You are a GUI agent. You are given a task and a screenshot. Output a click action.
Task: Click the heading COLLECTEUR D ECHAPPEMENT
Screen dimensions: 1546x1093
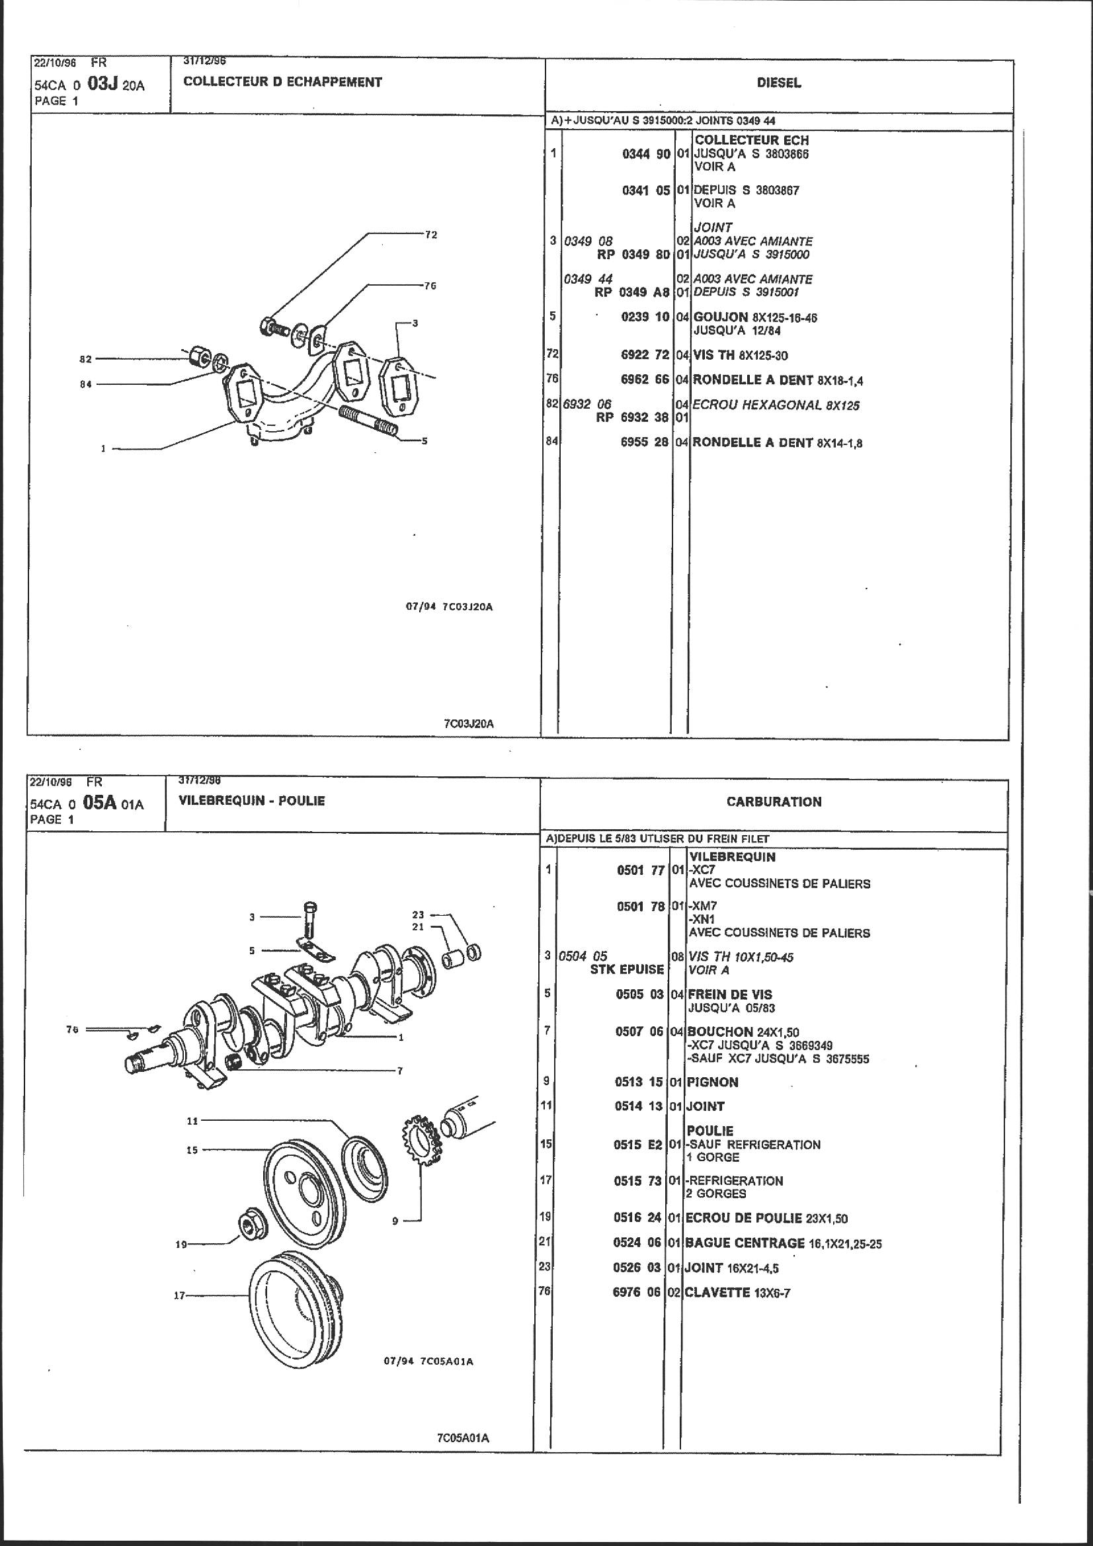click(x=282, y=82)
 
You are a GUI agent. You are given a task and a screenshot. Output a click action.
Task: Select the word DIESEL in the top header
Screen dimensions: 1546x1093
click(x=778, y=83)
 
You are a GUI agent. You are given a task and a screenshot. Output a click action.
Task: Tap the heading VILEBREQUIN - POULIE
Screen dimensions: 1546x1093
click(x=251, y=801)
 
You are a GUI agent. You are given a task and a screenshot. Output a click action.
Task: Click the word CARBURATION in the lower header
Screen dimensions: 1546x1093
click(x=774, y=801)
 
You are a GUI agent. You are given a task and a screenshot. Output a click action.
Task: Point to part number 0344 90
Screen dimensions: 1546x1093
click(x=646, y=154)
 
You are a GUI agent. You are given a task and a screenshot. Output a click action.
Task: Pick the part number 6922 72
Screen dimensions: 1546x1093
click(x=645, y=355)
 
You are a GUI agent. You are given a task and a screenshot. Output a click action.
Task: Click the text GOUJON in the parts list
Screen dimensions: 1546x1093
click(x=721, y=317)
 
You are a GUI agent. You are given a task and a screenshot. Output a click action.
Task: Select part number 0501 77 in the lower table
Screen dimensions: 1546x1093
click(x=641, y=870)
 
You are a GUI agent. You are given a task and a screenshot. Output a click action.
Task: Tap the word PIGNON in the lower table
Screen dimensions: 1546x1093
click(x=713, y=1082)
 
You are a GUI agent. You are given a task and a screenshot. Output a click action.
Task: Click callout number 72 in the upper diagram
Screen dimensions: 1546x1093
click(x=431, y=235)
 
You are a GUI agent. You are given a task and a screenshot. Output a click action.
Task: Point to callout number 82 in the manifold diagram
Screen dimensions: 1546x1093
click(x=85, y=359)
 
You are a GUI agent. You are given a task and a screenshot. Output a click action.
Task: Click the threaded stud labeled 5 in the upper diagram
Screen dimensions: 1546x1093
click(x=370, y=421)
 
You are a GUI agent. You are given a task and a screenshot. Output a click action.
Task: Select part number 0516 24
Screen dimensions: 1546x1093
click(x=639, y=1218)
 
